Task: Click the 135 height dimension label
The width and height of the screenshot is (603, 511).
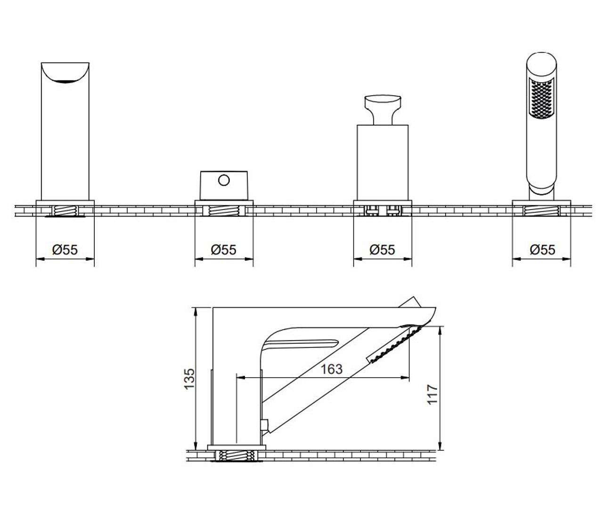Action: click(189, 379)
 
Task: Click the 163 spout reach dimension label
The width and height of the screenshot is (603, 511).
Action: click(332, 369)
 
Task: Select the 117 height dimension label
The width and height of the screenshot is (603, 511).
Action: click(432, 394)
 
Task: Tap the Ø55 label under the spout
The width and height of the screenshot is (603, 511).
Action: click(65, 250)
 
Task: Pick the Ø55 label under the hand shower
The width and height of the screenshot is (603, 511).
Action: click(542, 250)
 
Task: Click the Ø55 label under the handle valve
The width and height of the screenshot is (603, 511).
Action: click(382, 250)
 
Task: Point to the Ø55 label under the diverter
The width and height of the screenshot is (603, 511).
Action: click(224, 250)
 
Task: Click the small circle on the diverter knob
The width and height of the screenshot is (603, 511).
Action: click(224, 180)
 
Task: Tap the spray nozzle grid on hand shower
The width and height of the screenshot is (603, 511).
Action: click(541, 98)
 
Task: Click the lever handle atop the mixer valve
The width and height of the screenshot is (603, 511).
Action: click(383, 109)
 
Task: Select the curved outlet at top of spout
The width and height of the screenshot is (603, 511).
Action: click(65, 73)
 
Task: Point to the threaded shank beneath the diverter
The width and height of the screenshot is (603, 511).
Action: click(224, 211)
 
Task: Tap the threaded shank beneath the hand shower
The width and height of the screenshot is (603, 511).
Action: click(541, 211)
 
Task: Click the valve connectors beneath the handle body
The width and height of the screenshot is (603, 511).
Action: click(383, 210)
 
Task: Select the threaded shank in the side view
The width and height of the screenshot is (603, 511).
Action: click(236, 455)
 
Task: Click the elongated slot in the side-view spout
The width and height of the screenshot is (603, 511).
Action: click(301, 344)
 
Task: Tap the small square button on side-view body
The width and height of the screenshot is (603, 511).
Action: click(264, 425)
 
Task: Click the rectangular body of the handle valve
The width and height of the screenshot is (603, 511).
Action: click(383, 163)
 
